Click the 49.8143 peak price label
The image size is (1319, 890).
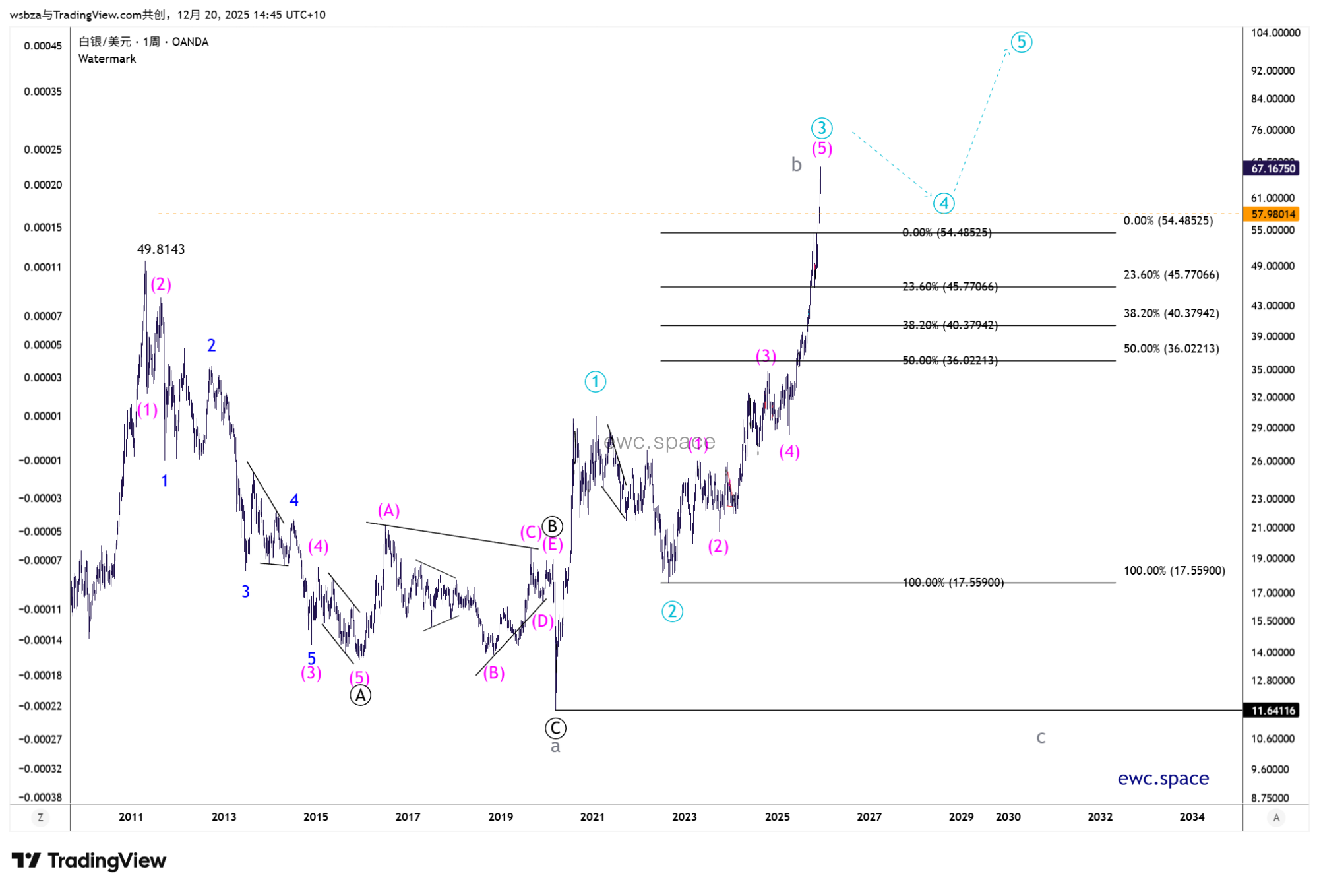[161, 249]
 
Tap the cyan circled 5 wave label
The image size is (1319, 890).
[1021, 42]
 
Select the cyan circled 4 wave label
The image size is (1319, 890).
[944, 203]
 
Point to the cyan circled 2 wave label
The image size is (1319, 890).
[672, 612]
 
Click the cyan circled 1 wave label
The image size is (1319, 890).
[595, 381]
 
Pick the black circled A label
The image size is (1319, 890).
[360, 695]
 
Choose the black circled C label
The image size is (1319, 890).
[555, 728]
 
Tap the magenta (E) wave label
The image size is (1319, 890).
[553, 544]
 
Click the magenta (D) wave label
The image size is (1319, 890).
[543, 621]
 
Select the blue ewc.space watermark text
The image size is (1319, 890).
[1163, 779]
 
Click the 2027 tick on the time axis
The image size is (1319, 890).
[869, 817]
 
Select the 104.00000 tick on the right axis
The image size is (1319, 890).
[1275, 33]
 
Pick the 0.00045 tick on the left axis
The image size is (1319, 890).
[43, 46]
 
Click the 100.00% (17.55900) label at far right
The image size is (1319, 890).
[1174, 571]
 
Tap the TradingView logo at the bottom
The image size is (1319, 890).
[89, 860]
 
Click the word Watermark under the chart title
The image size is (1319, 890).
[107, 59]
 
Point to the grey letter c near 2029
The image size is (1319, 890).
[1041, 737]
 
